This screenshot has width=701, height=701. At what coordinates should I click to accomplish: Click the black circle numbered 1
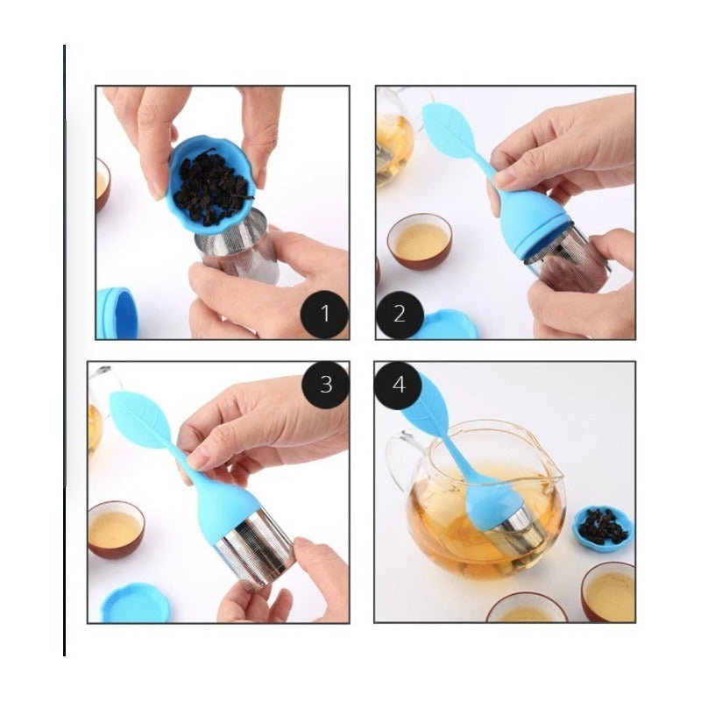(x=324, y=314)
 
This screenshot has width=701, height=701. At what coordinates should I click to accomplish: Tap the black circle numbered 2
(x=400, y=315)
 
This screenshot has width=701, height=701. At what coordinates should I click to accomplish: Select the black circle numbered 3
(x=325, y=385)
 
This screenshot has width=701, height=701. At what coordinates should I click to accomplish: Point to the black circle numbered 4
(x=398, y=385)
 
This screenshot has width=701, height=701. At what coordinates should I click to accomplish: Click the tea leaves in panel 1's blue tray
(x=211, y=187)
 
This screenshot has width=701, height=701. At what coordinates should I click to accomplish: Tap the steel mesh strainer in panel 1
(x=239, y=245)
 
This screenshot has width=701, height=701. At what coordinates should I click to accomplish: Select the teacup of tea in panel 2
(x=420, y=242)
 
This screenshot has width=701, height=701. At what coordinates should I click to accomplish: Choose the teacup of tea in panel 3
(x=117, y=529)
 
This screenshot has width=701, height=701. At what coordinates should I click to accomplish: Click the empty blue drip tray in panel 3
(x=136, y=603)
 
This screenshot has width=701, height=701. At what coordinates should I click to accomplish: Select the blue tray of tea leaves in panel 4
(x=604, y=528)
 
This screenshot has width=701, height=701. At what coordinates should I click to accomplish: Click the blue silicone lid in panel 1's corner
(x=117, y=314)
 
